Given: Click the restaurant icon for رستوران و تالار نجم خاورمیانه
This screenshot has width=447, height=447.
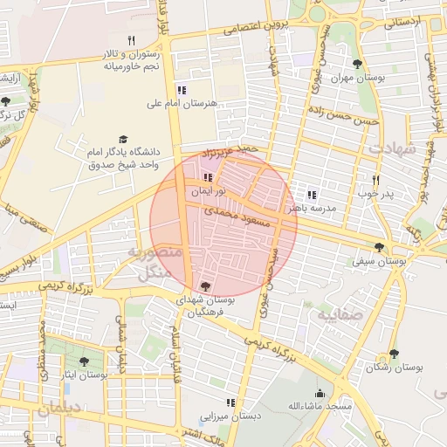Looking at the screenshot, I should (x=132, y=40).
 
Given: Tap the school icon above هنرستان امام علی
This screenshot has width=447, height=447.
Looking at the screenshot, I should (x=181, y=90).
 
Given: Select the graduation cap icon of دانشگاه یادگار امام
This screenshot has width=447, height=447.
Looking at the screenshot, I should (x=122, y=140).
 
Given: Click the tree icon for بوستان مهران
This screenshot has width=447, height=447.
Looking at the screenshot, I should (x=356, y=64).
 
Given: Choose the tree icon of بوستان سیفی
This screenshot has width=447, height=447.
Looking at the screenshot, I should (x=378, y=247).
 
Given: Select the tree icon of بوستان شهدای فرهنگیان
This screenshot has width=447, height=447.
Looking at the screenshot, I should (x=205, y=285).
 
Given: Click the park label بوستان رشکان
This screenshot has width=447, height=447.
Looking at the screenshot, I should (x=394, y=368).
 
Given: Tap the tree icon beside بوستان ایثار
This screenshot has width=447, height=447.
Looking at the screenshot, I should (x=84, y=361).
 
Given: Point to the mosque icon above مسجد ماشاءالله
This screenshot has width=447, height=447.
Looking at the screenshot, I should (x=320, y=394).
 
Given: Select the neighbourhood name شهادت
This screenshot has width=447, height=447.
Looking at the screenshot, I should (x=388, y=148).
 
